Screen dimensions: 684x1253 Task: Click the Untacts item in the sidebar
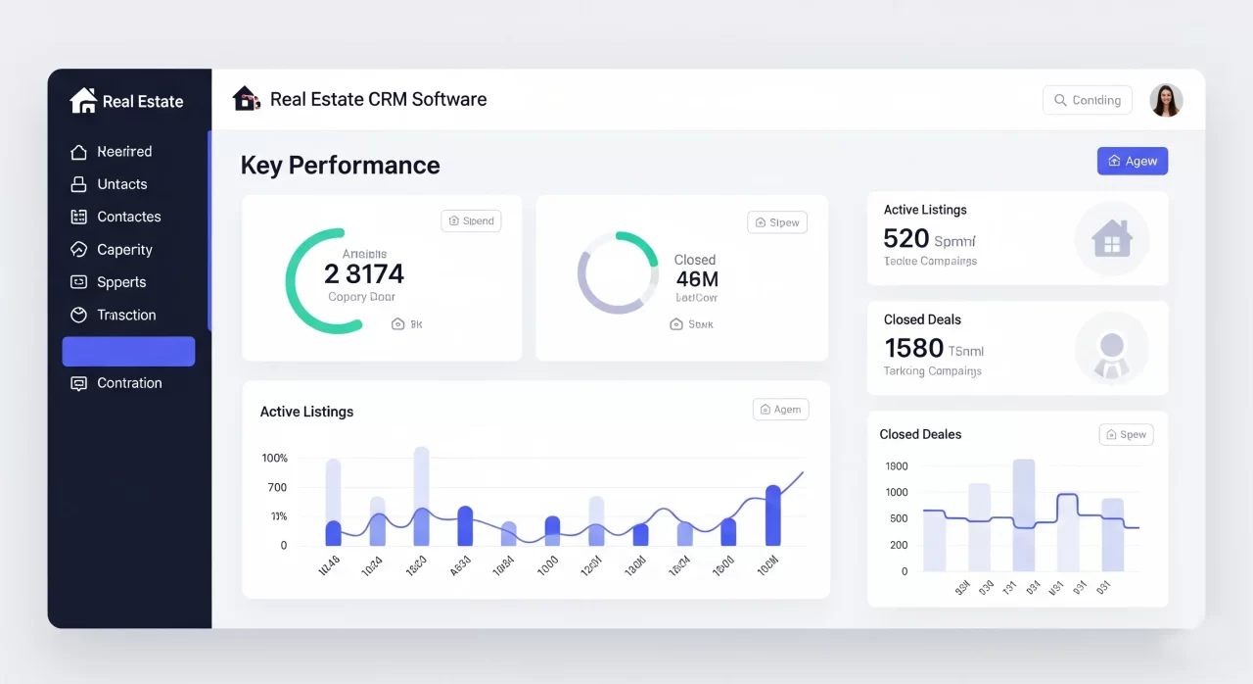pos(121,184)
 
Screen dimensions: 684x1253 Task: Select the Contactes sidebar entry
pos(128,217)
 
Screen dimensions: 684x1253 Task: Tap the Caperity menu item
pos(124,250)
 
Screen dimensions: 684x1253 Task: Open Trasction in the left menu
pos(126,315)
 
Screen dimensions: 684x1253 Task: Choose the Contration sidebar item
pos(129,383)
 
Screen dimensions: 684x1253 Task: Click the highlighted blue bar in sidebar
pos(128,351)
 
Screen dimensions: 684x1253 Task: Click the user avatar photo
pos(1166,100)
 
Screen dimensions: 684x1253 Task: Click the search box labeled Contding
pos(1088,100)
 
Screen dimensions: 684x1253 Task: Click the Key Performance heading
pos(340,166)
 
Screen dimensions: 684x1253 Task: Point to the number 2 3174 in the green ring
pos(363,274)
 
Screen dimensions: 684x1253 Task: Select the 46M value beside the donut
pos(697,280)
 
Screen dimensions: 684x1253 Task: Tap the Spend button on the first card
pos(471,221)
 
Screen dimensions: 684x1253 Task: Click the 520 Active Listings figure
pos(905,239)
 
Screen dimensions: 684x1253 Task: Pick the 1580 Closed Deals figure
pos(913,348)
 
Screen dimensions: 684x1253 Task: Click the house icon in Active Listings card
pos(1111,238)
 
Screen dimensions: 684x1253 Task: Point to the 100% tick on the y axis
pos(275,459)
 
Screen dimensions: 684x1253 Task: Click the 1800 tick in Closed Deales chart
pos(897,466)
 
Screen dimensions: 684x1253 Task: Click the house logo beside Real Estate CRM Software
pos(246,99)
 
